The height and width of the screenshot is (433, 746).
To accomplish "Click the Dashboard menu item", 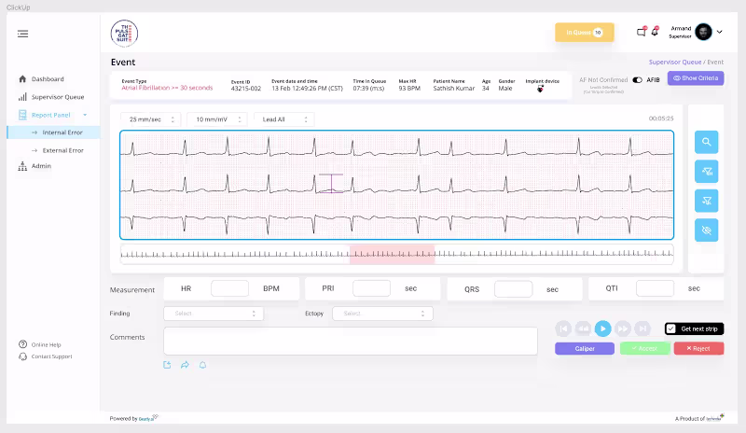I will tap(47, 79).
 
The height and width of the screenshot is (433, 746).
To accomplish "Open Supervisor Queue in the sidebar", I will tap(57, 97).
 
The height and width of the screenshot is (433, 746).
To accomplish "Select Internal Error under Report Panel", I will tap(62, 133).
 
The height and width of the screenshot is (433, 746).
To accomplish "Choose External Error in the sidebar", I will tap(62, 149).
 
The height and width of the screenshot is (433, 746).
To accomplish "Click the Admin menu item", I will tap(41, 166).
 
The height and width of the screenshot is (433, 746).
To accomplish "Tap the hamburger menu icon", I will tap(22, 34).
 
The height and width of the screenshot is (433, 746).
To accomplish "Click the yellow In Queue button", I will tap(584, 33).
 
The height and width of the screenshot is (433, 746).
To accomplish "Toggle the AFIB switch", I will tap(638, 80).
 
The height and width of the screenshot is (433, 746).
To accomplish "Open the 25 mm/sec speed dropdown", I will tap(150, 119).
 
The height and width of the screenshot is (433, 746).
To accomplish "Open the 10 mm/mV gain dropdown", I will tap(217, 119).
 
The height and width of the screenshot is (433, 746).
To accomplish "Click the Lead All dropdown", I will tap(283, 119).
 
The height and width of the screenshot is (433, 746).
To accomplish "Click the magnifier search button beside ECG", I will tap(707, 142).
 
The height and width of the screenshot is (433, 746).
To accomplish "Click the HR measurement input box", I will tap(229, 288).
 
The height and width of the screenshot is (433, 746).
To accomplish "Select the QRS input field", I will tap(513, 288).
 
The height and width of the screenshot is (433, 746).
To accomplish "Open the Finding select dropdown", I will tap(213, 314).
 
